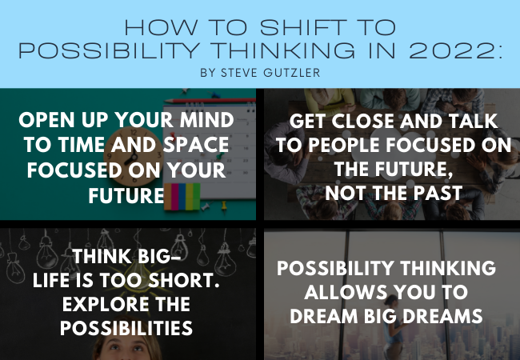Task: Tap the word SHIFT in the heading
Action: (303, 27)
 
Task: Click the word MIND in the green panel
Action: (207, 120)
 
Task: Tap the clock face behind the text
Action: (133, 156)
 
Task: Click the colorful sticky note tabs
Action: (182, 197)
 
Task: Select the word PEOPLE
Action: (345, 145)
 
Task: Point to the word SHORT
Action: (183, 281)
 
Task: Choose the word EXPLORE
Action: (106, 304)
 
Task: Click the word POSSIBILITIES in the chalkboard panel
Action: (126, 328)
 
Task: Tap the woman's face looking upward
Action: (126, 349)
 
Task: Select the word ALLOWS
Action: (346, 292)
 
